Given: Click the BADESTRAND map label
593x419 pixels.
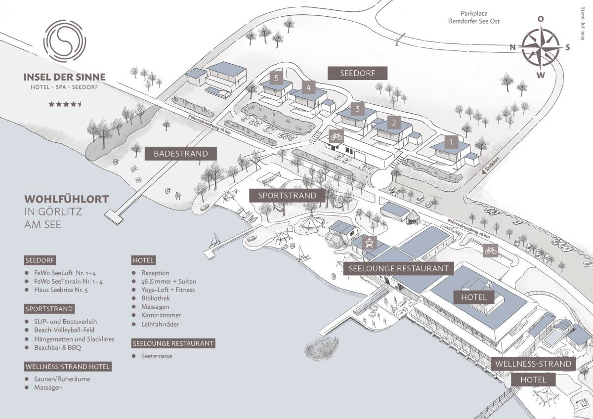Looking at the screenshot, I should [x=181, y=154].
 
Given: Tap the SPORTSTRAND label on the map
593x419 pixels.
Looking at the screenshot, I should [x=287, y=196].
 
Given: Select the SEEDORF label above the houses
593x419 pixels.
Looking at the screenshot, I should [x=357, y=73].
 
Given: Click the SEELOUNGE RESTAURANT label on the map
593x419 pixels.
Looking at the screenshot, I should [x=398, y=269].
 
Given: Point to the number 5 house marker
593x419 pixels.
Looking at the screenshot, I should [x=276, y=78].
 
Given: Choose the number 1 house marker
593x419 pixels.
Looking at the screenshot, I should [x=450, y=142].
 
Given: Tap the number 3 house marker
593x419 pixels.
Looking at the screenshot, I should [x=357, y=109].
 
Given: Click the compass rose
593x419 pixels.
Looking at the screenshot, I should [x=541, y=47].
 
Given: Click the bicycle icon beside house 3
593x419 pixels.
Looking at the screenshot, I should [x=336, y=135].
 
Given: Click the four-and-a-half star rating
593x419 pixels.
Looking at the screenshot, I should [x=64, y=104].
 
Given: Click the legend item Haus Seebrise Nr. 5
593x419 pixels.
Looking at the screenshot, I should [x=61, y=291].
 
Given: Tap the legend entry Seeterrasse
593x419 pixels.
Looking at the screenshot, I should [x=157, y=356].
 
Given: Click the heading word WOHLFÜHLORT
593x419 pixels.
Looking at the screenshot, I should [x=67, y=199].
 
